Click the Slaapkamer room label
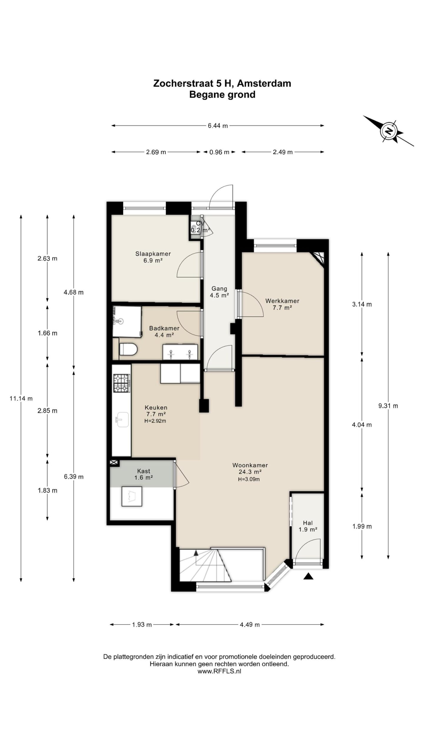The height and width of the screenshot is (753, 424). click(153, 254)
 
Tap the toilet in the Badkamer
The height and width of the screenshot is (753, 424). click(128, 349)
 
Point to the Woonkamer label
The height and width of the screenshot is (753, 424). click(250, 465)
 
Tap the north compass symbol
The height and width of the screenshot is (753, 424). click(389, 131)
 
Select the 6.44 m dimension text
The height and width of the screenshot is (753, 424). click(218, 126)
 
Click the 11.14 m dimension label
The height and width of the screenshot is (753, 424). click(21, 399)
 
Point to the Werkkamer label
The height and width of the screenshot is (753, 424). click(282, 301)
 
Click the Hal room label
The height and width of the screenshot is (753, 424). click(308, 523)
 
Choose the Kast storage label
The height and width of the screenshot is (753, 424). click(144, 471)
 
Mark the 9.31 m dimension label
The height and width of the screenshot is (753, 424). click(388, 406)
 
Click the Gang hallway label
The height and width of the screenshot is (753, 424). click(219, 289)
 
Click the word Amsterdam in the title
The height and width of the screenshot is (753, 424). click(264, 84)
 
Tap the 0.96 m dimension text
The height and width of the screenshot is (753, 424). click(219, 152)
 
